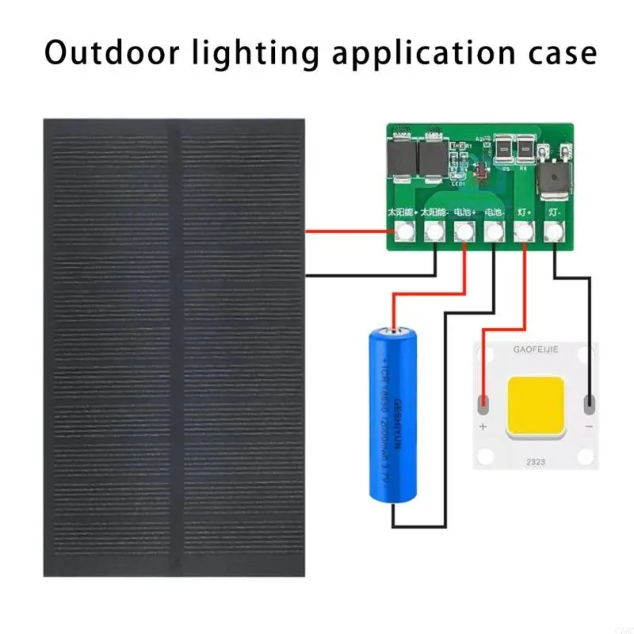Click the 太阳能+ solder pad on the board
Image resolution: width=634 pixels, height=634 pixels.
(x=404, y=231)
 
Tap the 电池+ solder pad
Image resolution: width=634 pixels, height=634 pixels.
(x=464, y=231)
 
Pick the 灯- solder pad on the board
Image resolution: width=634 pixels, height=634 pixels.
(x=553, y=231)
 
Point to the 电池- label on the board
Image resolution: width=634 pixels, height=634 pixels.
(x=493, y=212)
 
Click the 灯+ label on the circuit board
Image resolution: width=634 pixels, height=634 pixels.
(x=523, y=212)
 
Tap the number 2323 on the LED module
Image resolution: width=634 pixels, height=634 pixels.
(x=536, y=456)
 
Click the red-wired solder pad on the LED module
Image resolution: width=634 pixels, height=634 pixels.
(x=483, y=405)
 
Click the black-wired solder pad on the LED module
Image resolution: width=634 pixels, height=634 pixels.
(x=589, y=404)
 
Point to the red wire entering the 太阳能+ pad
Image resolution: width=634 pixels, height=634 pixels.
(x=349, y=231)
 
